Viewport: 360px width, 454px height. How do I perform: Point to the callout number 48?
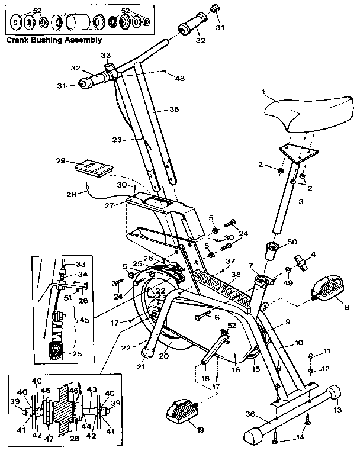pyautogui.click(x=180, y=78)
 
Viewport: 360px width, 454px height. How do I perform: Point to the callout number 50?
pyautogui.click(x=291, y=243)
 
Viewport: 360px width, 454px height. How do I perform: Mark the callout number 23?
pyautogui.click(x=117, y=140)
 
